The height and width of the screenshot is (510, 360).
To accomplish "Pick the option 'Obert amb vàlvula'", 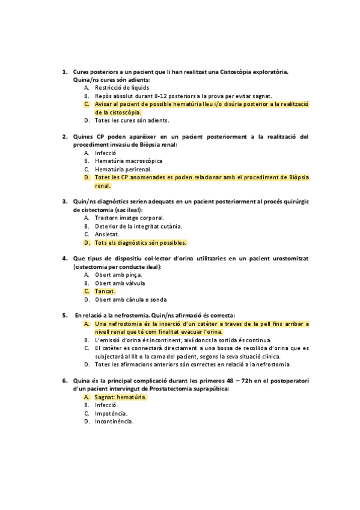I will [x=120, y=283].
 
